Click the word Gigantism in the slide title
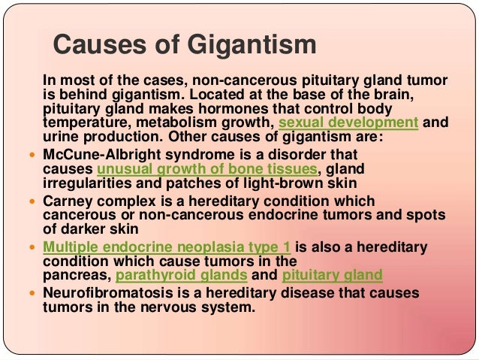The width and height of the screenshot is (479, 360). [250, 44]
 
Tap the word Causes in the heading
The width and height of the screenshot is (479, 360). [92, 44]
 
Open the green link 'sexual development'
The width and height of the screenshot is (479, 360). [348, 123]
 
